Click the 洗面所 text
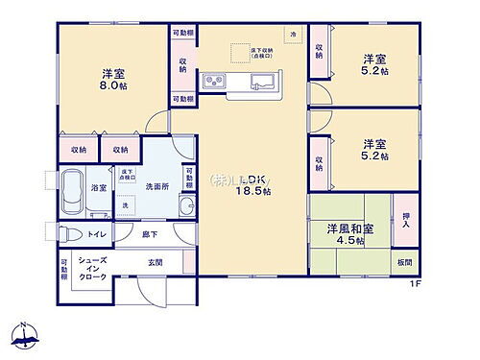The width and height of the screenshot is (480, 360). (156, 187)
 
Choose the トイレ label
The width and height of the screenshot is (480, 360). (96, 233)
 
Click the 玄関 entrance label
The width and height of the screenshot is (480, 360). (155, 262)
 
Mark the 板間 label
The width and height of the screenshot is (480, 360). (407, 260)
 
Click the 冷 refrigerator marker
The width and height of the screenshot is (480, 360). (294, 34)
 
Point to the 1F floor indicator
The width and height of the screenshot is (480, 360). (416, 283)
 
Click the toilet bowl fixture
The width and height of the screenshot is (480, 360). (67, 233)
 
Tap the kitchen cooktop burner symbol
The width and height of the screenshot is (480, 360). (212, 82)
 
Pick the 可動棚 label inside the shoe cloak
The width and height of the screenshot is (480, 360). (64, 269)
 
